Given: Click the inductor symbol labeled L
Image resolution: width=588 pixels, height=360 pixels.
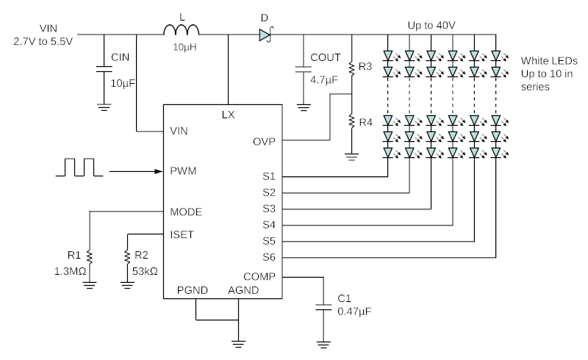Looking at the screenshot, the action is point(182,30).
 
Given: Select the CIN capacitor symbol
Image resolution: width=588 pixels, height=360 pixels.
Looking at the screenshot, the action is point(104,69).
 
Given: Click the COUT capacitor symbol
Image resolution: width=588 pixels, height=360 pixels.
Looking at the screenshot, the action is point(304,69).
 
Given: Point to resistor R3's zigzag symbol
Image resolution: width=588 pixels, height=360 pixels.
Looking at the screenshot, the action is point(351,68).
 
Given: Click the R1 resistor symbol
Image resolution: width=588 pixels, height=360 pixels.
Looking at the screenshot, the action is point(89,257).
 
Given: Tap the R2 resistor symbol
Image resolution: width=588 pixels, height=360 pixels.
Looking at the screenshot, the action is point(127,257).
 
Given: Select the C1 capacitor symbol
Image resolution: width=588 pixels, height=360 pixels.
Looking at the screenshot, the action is point(323,308).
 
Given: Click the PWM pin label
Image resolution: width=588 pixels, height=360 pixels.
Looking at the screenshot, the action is point(183,171).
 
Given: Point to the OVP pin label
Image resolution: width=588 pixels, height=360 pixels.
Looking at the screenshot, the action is point(264,142).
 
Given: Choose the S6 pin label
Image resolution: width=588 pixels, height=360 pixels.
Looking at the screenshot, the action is point(269,257).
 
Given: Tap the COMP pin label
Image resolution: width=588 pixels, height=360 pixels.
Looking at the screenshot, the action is point(259,277).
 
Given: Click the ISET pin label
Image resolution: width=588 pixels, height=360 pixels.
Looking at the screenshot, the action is point(182,235).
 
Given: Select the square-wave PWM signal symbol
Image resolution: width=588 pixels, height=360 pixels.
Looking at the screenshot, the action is point(79,168).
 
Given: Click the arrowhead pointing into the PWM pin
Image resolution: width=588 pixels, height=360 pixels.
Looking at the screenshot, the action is point(159,171).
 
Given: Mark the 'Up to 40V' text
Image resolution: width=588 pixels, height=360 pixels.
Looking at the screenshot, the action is point(431,26).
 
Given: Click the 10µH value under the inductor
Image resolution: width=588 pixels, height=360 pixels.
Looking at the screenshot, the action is point(184,47).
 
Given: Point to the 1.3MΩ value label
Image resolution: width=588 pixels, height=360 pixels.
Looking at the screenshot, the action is point(70,271).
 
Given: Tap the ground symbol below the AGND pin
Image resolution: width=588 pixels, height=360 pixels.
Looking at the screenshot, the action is point(238,344).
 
